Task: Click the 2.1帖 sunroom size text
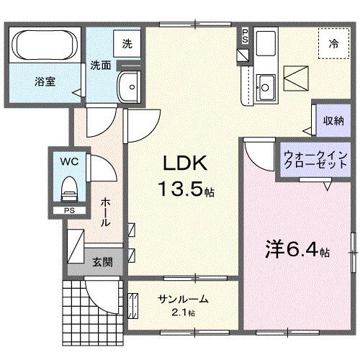[183, 312]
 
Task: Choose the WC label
[69, 161]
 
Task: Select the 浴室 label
[45, 81]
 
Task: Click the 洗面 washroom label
[101, 65]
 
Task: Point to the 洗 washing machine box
[127, 42]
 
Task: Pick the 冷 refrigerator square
[333, 43]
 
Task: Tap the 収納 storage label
[332, 120]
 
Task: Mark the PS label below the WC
[68, 211]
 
